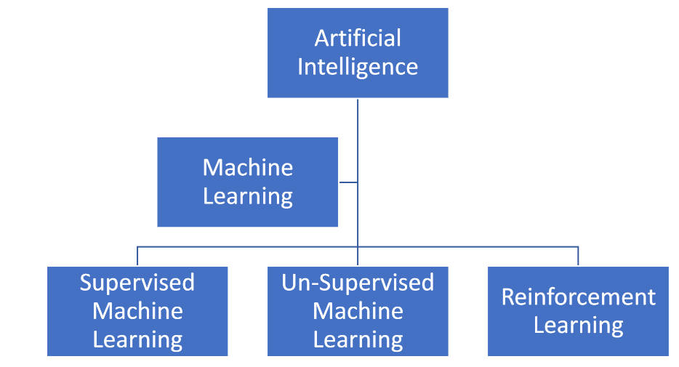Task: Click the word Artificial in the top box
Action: tap(358, 38)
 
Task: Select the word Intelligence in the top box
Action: tap(358, 67)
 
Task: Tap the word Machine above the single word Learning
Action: tap(247, 168)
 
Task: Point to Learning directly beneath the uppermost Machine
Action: tap(247, 197)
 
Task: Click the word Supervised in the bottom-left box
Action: tap(137, 283)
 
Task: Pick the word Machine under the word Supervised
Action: tap(137, 311)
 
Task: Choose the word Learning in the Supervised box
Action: tap(137, 339)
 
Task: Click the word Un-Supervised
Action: tap(358, 283)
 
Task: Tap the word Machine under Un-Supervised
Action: tap(358, 311)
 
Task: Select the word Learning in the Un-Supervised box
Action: tap(358, 339)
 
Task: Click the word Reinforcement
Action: tap(578, 297)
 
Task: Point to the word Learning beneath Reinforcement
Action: tap(578, 326)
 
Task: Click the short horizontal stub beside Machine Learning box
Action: tap(347, 182)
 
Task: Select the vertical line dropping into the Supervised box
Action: tap(137, 257)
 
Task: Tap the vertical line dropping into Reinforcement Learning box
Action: tap(578, 257)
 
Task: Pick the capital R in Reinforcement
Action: tap(507, 297)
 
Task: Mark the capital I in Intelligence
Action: tap(300, 67)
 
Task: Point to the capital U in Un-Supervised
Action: tap(289, 283)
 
